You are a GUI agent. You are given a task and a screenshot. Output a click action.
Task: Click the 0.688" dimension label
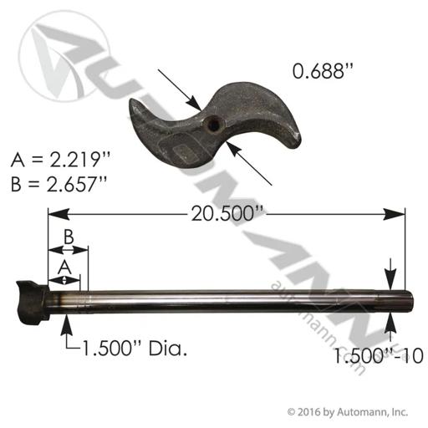coord(323,71)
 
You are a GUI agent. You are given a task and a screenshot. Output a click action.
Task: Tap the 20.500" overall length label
coord(227,214)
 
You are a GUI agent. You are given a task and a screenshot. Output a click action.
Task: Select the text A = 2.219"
coord(60,160)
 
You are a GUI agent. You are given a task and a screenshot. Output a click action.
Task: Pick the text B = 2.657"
coord(59,184)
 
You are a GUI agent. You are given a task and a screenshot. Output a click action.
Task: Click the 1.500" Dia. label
coord(135,349)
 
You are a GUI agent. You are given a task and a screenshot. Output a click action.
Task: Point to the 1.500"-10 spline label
coord(378,356)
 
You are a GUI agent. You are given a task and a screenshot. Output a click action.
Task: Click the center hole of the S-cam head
coord(213,125)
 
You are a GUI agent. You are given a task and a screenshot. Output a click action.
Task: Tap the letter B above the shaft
coord(69,237)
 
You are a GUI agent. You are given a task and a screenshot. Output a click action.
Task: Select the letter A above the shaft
coord(64,267)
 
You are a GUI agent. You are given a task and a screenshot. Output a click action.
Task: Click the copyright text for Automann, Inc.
coord(348,411)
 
